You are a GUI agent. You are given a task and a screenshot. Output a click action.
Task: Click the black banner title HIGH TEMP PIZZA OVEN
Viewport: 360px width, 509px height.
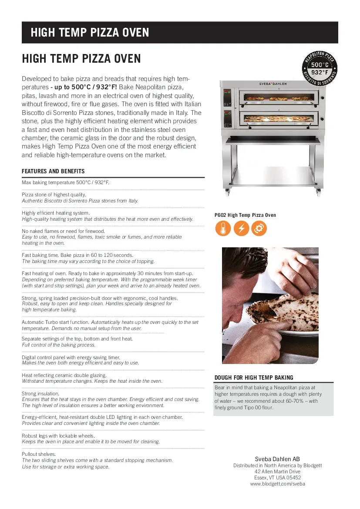90,33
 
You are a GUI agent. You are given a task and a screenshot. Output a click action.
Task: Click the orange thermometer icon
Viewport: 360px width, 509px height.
223,229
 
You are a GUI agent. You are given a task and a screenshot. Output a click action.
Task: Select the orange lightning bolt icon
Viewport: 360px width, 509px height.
241,229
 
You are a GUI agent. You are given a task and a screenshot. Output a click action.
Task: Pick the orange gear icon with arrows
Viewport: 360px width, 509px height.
259,229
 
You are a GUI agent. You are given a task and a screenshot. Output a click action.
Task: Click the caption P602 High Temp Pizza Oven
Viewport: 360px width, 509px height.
245,215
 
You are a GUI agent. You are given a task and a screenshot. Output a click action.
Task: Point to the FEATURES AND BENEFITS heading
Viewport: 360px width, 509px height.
53,171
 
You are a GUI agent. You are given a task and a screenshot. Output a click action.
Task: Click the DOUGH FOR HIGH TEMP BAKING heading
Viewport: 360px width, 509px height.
254,378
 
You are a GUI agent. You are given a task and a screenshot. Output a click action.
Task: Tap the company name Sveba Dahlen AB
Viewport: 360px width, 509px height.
277,459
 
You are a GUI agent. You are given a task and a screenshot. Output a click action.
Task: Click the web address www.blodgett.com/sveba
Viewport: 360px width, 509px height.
277,484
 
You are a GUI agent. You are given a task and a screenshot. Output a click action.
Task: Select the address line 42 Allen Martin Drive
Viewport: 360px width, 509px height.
277,472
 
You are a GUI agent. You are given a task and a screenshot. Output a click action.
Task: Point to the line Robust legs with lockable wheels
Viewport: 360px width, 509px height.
58,435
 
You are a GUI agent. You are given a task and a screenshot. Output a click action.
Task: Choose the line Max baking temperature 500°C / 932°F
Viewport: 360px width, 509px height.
65,182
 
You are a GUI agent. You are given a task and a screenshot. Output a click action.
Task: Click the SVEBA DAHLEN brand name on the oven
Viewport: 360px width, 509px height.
273,83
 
